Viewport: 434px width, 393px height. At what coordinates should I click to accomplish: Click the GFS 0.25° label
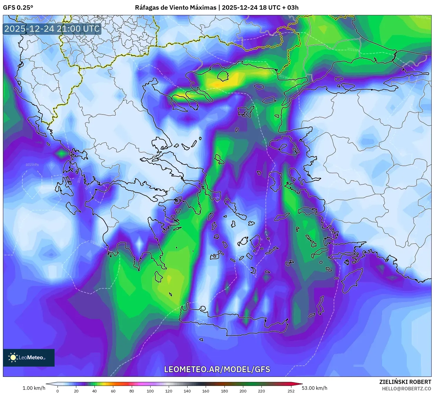tap(18, 8)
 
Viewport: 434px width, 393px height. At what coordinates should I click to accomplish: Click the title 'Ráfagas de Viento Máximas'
tap(175, 8)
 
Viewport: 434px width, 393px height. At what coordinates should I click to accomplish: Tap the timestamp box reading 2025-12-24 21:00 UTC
tap(52, 29)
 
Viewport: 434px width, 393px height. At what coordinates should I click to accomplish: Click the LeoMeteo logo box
tap(29, 357)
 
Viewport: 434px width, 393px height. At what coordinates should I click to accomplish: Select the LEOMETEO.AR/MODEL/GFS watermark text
tap(217, 369)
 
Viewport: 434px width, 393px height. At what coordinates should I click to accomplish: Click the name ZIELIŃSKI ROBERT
tap(405, 382)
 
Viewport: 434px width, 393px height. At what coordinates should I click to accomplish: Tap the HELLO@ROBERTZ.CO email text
tap(406, 389)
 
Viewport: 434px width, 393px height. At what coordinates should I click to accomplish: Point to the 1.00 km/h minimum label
tap(34, 388)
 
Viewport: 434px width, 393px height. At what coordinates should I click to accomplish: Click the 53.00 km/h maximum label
tap(314, 388)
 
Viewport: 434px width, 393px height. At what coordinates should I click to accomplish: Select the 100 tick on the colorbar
tap(150, 391)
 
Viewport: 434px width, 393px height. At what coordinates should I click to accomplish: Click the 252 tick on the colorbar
tap(291, 391)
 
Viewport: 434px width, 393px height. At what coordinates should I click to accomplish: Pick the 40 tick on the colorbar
tap(94, 391)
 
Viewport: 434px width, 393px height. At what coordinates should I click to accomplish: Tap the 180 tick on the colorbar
tap(224, 391)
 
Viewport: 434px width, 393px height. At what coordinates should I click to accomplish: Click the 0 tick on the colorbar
tap(58, 391)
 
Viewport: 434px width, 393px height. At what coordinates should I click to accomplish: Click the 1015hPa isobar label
tap(32, 165)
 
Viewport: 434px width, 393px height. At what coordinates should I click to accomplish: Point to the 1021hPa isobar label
tap(353, 50)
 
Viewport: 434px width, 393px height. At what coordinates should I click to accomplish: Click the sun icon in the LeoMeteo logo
tap(13, 357)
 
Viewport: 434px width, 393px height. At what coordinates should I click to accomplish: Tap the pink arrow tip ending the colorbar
tap(300, 384)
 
